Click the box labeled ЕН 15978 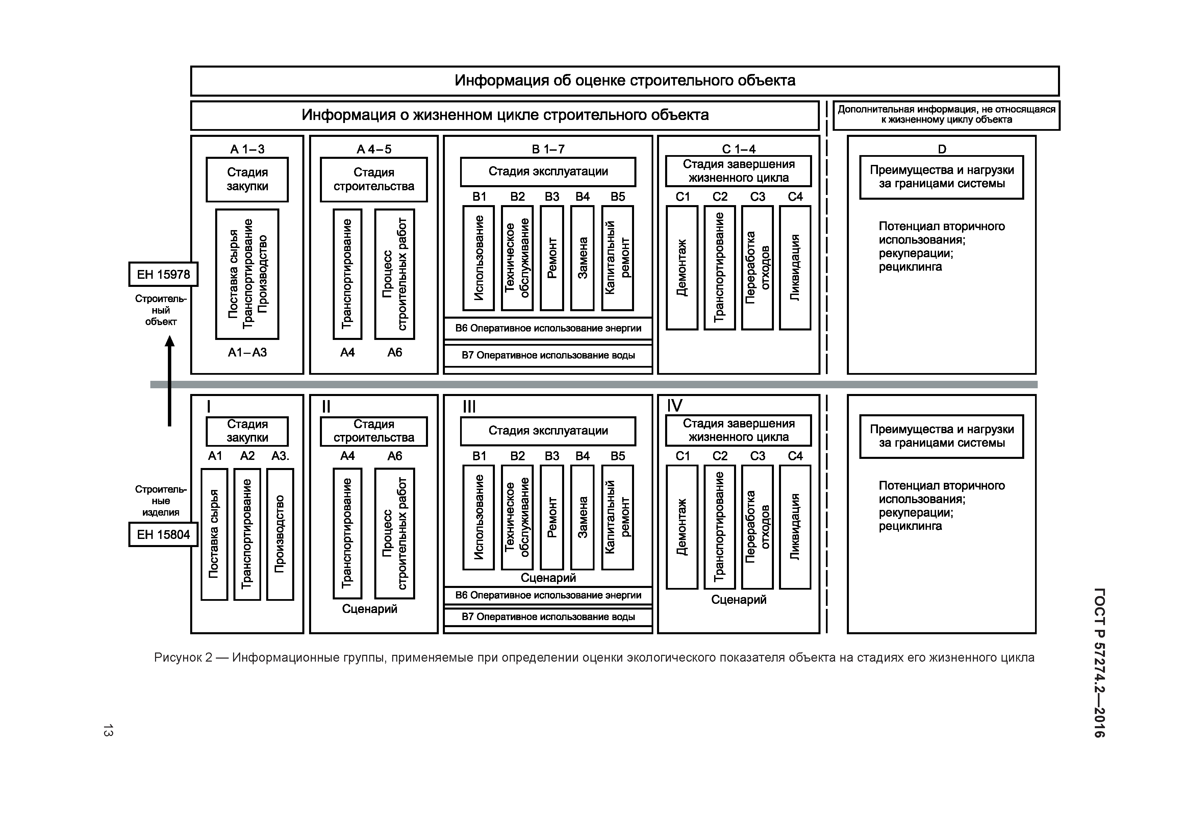163,274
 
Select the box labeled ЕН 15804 163,535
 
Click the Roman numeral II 326,407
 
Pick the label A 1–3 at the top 247,149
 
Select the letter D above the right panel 942,149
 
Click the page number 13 108,730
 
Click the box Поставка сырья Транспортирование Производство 247,274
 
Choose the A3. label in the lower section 281,456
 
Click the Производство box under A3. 280,534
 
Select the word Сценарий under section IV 738,599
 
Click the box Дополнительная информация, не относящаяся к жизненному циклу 946,115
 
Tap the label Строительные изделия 161,500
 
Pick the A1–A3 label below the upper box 247,353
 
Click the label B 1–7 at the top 548,149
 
